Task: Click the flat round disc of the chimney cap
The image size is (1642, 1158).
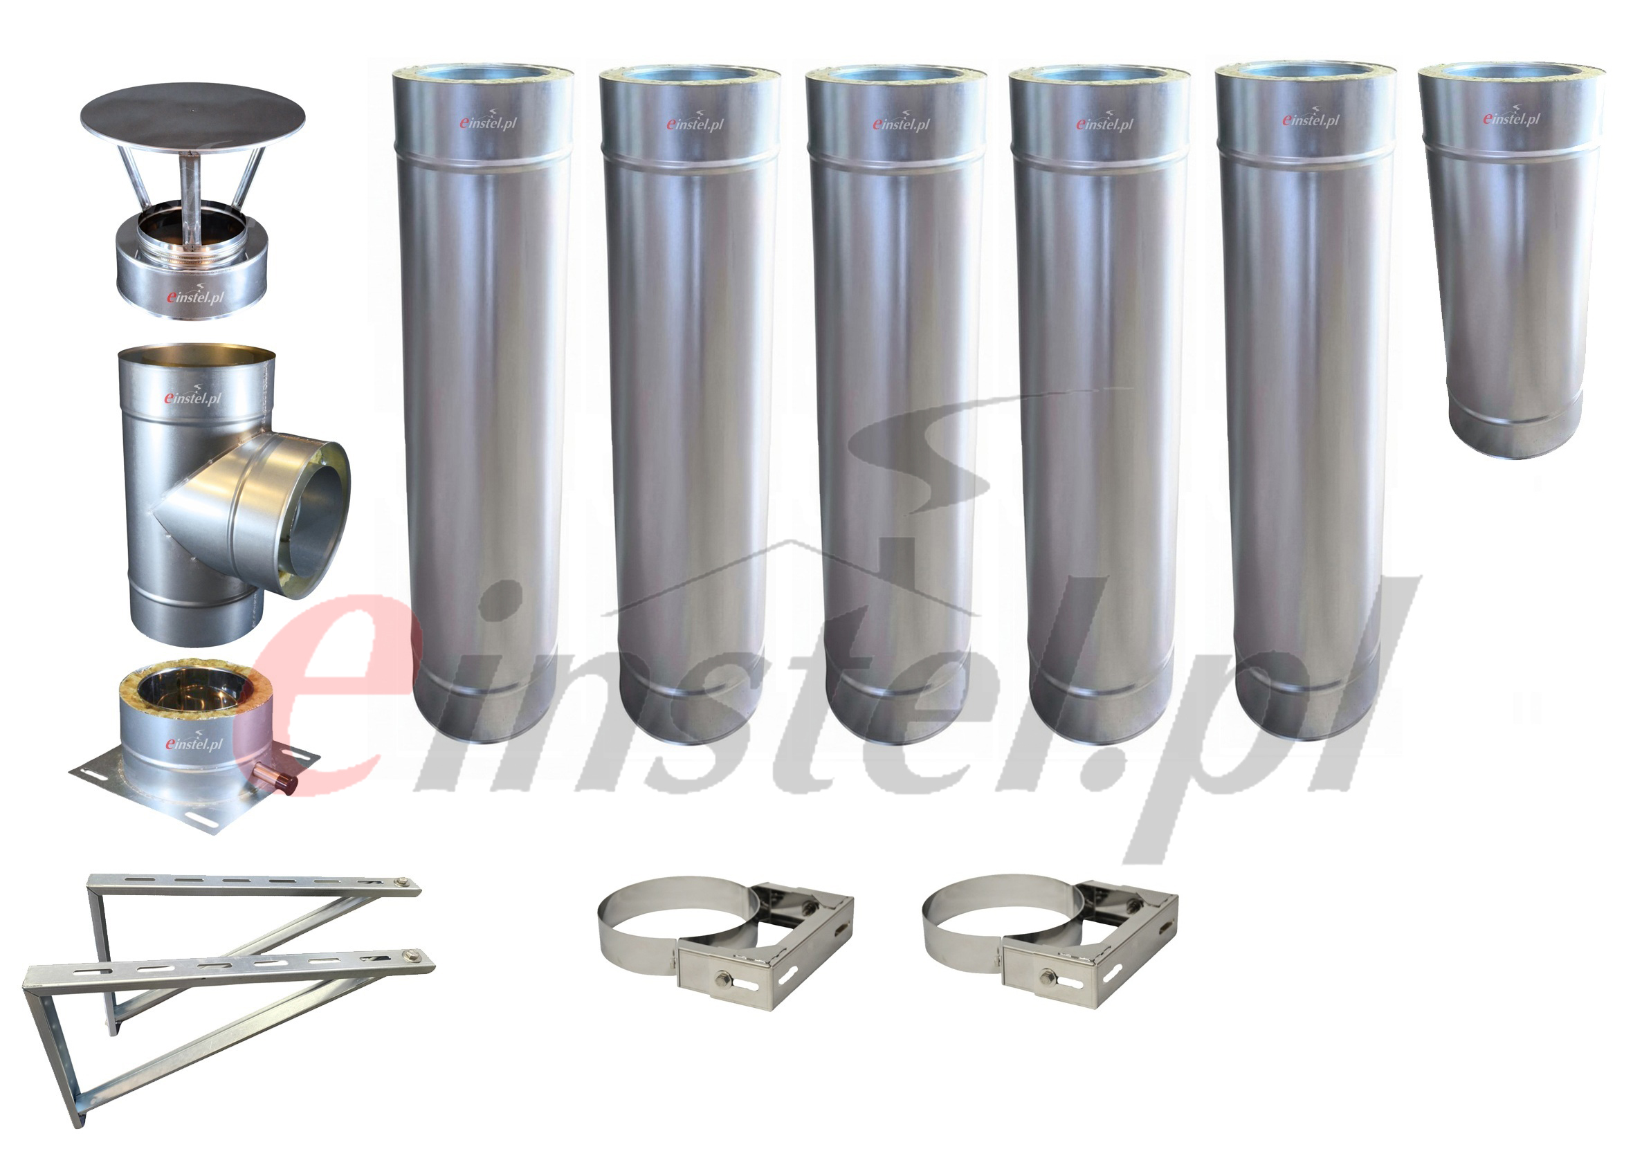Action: click(193, 115)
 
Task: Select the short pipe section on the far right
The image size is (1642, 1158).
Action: click(1511, 260)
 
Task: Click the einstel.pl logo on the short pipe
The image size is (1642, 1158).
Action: click(1511, 117)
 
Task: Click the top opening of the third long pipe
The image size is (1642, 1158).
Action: click(895, 73)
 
